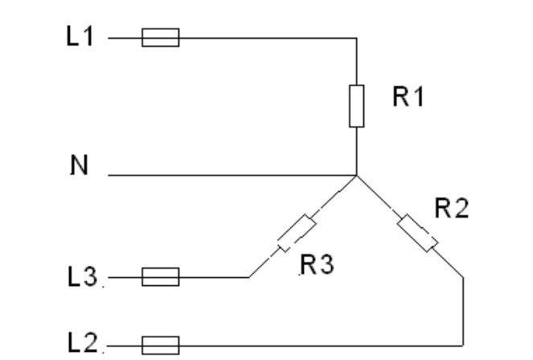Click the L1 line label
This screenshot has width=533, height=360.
81,38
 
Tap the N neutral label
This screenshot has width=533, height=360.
79,166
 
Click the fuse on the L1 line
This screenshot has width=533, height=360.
160,38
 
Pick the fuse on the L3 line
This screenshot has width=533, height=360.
160,278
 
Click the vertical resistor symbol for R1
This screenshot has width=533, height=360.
356,106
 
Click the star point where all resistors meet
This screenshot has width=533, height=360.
356,174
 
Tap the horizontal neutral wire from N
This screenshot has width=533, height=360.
233,174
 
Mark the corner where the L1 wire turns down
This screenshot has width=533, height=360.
356,38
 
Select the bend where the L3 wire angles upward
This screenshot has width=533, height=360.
248,278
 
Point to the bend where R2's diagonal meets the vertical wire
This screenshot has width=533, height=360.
465,278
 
